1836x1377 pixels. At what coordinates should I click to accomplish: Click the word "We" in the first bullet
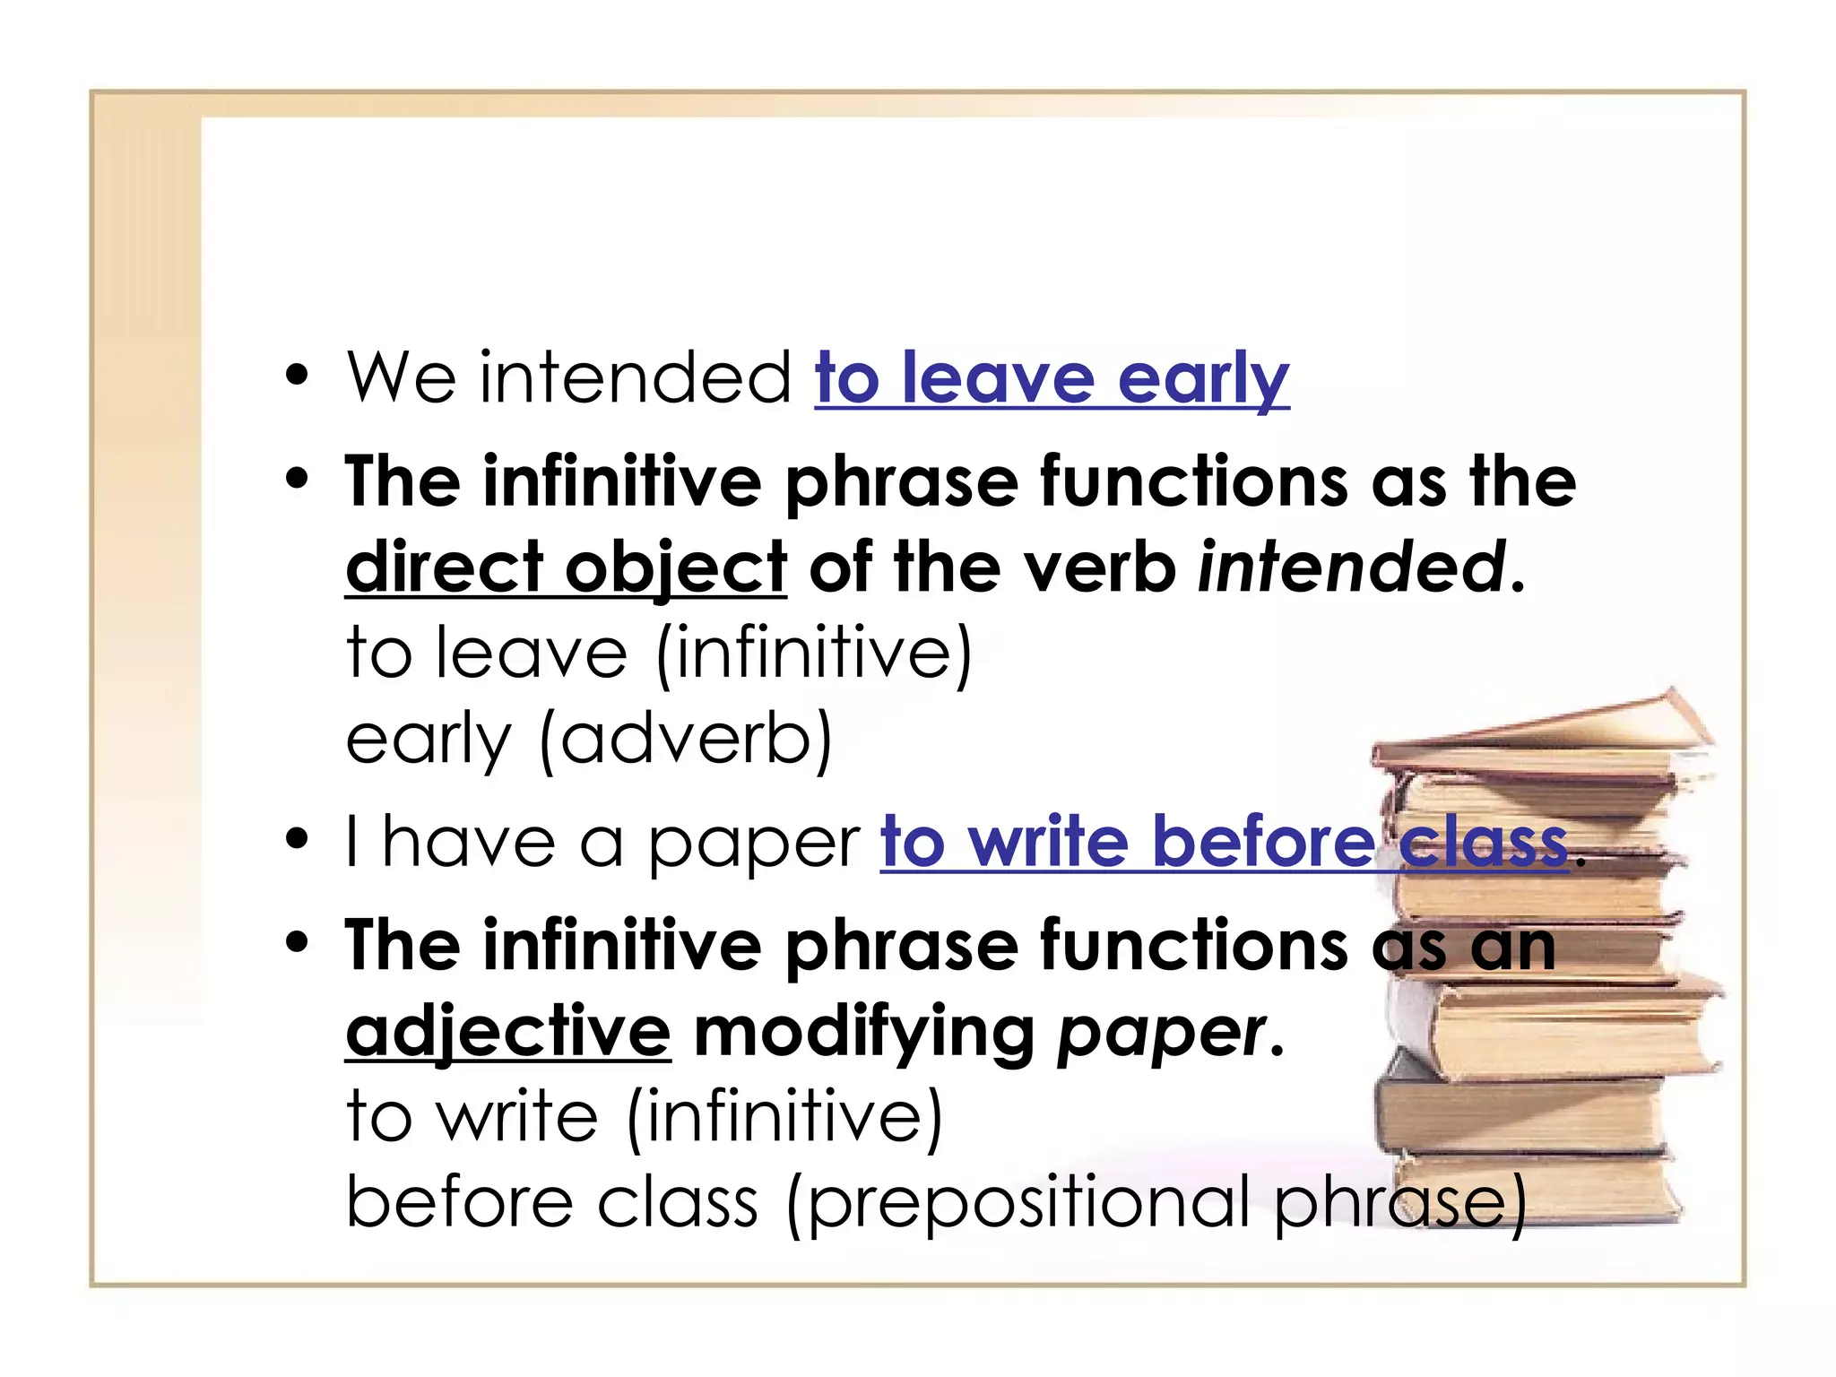click(401, 378)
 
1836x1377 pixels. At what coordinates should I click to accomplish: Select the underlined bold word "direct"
click(444, 567)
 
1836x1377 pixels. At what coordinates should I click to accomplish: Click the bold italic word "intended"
click(1351, 567)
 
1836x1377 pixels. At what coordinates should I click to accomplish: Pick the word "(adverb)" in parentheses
click(687, 740)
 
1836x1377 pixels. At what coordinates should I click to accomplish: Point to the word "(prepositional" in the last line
click(1018, 1203)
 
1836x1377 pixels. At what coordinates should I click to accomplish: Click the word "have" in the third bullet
click(468, 843)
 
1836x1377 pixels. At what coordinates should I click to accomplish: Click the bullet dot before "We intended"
click(297, 377)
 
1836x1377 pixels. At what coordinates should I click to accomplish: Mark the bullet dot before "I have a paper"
click(297, 841)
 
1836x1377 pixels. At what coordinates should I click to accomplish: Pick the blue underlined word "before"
click(1263, 843)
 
